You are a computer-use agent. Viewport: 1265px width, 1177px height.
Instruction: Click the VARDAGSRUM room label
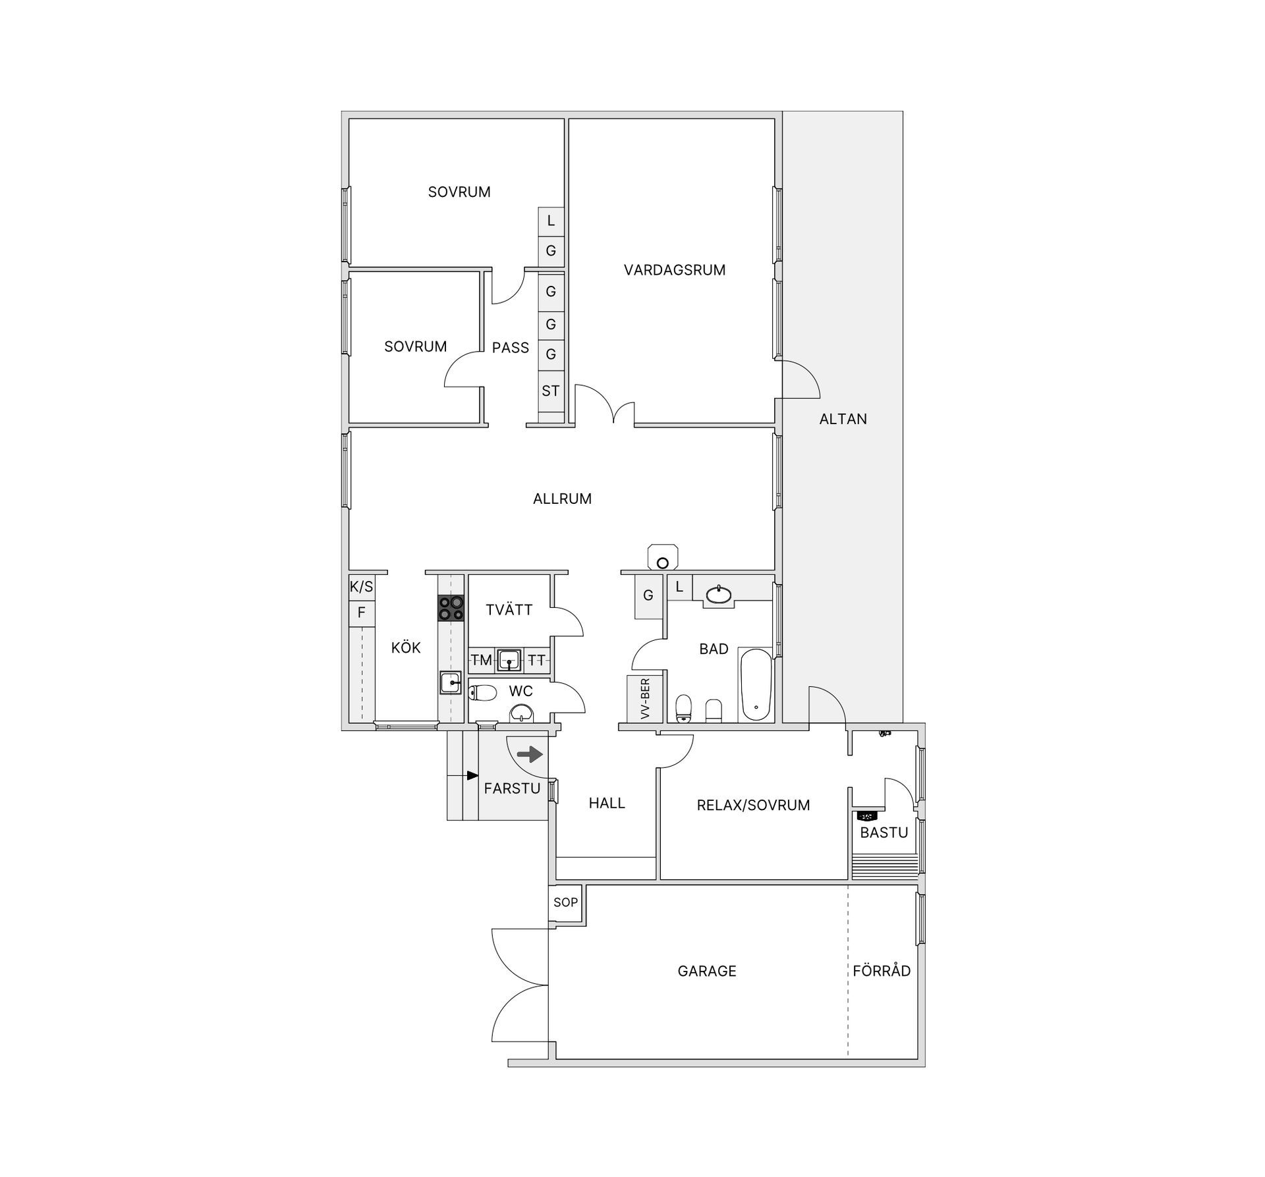[x=674, y=270]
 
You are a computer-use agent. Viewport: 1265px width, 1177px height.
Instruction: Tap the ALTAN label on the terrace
[x=843, y=419]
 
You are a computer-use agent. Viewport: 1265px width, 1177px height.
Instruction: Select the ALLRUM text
[x=562, y=499]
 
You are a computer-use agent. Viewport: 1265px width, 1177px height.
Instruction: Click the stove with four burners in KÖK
[x=451, y=607]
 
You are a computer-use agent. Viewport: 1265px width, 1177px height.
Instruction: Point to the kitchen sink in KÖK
[x=451, y=682]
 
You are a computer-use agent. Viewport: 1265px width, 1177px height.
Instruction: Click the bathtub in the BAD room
[x=756, y=686]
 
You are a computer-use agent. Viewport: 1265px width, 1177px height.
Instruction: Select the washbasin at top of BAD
[x=717, y=595]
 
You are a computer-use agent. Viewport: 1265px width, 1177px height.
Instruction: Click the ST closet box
[x=551, y=391]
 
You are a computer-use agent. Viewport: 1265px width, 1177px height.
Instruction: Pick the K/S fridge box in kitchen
[x=361, y=587]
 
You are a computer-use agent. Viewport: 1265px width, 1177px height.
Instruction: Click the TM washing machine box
[x=481, y=660]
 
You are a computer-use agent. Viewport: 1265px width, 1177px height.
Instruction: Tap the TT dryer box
[x=536, y=660]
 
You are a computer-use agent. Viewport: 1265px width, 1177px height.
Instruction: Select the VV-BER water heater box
[x=644, y=699]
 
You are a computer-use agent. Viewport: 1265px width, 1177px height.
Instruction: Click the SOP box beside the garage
[x=565, y=902]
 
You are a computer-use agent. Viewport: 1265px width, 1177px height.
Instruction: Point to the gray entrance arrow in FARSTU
[x=530, y=754]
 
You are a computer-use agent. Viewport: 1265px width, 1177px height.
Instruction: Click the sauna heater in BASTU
[x=867, y=816]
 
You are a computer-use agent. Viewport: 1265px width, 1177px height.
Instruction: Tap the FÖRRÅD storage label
[x=882, y=971]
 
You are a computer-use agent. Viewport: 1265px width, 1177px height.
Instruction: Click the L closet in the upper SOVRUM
[x=551, y=221]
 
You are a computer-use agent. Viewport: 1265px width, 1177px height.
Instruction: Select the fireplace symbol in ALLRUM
[x=663, y=557]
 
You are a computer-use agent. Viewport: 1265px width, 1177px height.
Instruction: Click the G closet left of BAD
[x=648, y=595]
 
